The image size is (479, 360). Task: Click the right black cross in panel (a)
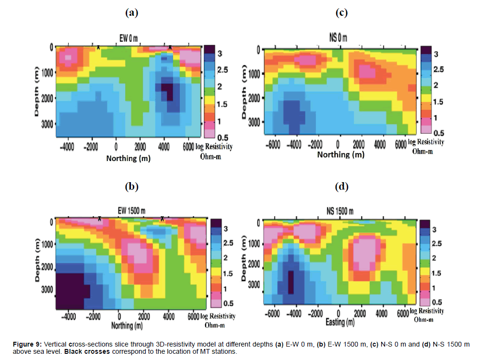point(170,46)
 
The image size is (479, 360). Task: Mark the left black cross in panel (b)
point(99,218)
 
